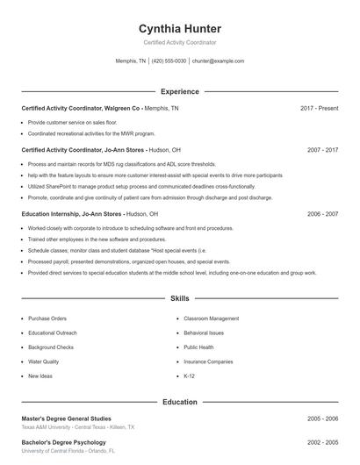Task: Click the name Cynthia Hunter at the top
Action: click(179, 28)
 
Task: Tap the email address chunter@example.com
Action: click(218, 61)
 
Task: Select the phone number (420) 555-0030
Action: click(169, 61)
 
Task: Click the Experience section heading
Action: click(179, 91)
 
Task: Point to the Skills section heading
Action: click(179, 299)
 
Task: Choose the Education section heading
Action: click(179, 402)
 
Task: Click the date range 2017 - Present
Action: click(319, 108)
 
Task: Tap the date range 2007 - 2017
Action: click(323, 150)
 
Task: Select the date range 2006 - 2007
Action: click(323, 213)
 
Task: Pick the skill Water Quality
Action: click(44, 361)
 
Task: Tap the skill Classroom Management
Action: click(211, 318)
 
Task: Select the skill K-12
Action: click(189, 376)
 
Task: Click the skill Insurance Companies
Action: click(208, 361)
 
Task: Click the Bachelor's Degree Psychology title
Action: click(63, 442)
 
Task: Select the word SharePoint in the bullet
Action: click(53, 186)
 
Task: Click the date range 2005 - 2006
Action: click(323, 418)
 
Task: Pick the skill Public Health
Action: click(198, 347)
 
